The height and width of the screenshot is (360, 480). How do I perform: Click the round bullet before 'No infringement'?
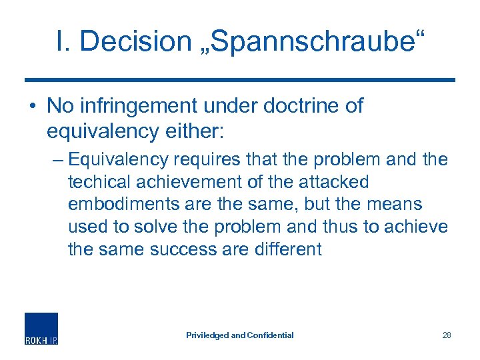coord(31,106)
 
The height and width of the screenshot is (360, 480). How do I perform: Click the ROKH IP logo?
coord(41,328)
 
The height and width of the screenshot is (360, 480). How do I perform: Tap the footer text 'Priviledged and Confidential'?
coord(239,335)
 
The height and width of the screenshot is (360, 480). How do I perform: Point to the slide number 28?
coord(446,335)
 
